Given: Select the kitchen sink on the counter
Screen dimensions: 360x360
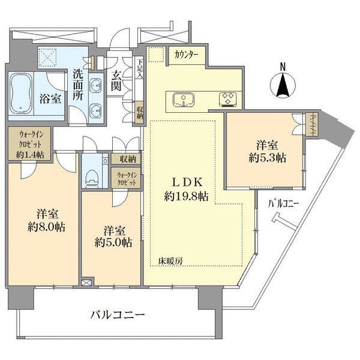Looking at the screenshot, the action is tap(184, 100).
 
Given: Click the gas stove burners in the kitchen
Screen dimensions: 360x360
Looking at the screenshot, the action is tap(227, 100).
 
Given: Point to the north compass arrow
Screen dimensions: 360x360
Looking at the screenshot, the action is tap(283, 85).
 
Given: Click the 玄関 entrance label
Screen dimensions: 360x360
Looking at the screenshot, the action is tap(116, 81).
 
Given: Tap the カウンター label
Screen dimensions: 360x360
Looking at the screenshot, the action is tap(186, 55).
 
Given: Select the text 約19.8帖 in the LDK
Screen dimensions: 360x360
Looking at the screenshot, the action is tap(186, 196).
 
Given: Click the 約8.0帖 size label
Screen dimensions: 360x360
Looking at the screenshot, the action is tap(46, 227).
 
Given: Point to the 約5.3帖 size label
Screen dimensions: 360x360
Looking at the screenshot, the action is tap(267, 158).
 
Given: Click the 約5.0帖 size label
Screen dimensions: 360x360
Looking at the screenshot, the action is tap(113, 242).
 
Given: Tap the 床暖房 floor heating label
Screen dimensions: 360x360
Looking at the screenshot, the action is tap(170, 261).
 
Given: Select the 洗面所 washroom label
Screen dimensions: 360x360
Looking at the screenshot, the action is tap(78, 85).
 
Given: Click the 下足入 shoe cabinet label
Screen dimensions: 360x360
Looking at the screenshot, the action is tap(140, 68).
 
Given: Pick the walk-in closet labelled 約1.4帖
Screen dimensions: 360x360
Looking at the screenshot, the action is tap(30, 143).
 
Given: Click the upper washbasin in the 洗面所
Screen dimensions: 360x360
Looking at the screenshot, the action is tap(95, 86).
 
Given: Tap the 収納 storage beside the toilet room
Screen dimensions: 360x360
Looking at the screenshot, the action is tap(126, 159).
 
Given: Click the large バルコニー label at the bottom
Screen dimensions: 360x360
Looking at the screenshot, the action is tap(118, 314).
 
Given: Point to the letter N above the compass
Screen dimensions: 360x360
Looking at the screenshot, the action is tap(283, 67).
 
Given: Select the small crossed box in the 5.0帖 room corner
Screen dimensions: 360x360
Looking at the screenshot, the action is tap(87, 282).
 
